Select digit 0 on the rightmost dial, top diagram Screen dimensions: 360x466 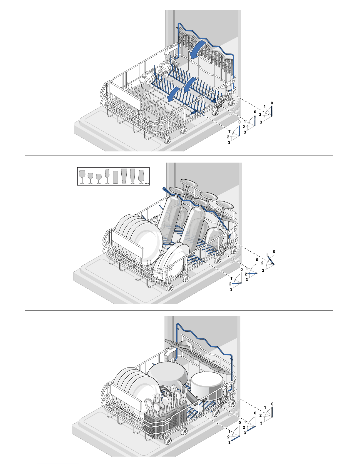(x=272, y=103)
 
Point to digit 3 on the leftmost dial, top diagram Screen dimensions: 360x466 (x=229, y=142)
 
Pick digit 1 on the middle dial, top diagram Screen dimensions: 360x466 (x=245, y=121)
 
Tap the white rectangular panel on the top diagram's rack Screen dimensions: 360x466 (x=125, y=96)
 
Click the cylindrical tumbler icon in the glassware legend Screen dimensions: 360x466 (x=115, y=177)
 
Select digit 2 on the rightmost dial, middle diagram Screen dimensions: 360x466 (x=262, y=263)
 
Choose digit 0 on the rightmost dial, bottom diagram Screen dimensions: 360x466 (x=272, y=404)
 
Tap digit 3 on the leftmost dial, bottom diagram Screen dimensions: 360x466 (x=229, y=442)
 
